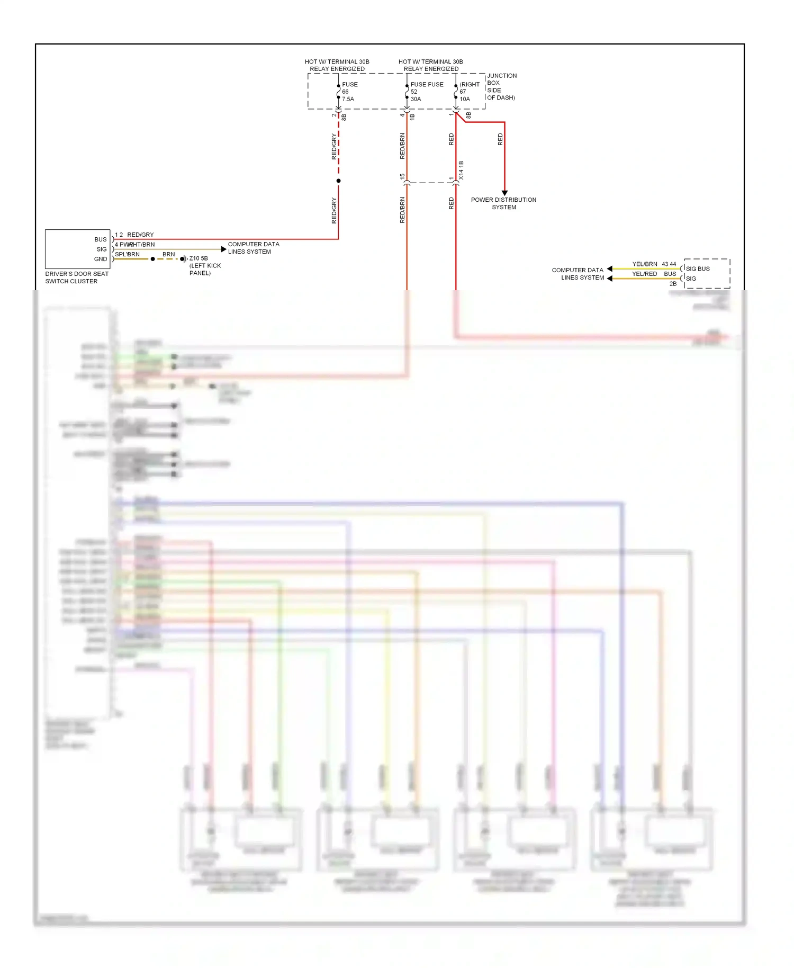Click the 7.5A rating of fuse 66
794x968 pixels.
(348, 99)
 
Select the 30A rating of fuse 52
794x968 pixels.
(416, 99)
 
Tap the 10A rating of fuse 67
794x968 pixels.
(465, 99)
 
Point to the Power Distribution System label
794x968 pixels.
(503, 203)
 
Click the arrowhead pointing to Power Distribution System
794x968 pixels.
(504, 193)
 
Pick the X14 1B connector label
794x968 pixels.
(461, 171)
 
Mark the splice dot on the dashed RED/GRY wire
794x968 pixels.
(338, 181)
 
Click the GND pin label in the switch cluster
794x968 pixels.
(101, 259)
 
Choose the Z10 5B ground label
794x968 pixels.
(198, 258)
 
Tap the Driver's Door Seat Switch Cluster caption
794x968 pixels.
(77, 277)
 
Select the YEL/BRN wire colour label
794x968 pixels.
(645, 264)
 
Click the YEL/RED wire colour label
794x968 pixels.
(644, 274)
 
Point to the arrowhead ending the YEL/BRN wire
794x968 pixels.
(610, 269)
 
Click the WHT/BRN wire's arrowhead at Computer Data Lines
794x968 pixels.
(224, 249)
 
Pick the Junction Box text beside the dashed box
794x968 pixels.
(501, 86)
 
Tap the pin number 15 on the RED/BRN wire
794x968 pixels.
(402, 176)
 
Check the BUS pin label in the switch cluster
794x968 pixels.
(101, 239)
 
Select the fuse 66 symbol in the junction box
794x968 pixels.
(338, 92)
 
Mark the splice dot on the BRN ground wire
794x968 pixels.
(152, 259)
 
